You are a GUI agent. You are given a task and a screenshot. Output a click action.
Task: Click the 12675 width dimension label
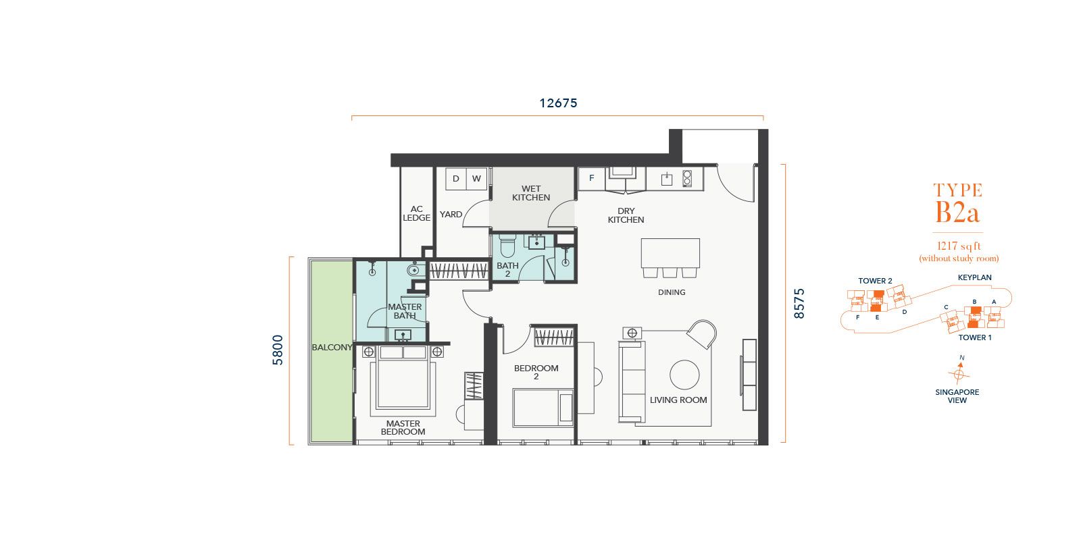[558, 103]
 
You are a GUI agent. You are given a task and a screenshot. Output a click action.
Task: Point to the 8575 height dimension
[799, 303]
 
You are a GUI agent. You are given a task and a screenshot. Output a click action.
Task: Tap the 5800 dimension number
[278, 350]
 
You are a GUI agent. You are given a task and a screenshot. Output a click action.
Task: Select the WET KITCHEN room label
[531, 193]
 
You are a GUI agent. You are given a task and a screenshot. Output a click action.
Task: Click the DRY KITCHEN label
[626, 215]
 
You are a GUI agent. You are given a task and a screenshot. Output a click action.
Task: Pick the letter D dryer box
[455, 179]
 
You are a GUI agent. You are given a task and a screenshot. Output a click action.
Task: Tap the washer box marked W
[477, 179]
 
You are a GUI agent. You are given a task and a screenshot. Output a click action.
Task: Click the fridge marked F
[592, 178]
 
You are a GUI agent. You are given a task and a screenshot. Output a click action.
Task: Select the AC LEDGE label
[416, 213]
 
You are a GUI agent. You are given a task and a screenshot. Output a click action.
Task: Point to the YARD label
[451, 215]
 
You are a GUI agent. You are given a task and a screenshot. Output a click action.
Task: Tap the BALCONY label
[332, 347]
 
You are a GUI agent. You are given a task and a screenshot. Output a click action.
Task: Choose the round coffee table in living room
[684, 375]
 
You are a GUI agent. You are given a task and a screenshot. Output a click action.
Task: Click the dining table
[670, 253]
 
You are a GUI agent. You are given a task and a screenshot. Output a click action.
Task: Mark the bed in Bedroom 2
[543, 408]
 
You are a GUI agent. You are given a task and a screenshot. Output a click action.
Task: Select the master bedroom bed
[403, 381]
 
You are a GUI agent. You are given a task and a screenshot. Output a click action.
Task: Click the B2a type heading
[957, 212]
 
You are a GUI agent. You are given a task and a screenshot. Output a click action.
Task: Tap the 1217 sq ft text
[959, 246]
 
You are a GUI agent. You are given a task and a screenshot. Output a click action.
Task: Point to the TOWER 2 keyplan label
[875, 281]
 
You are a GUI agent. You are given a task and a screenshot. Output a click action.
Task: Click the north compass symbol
[959, 374]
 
